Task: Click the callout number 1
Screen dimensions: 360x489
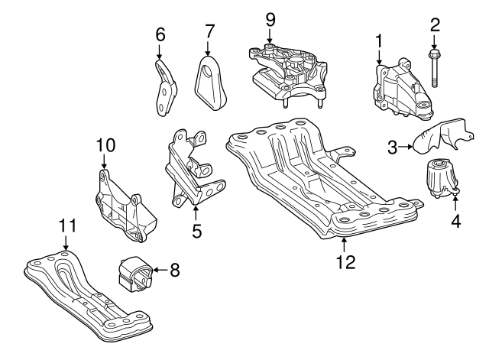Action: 379,40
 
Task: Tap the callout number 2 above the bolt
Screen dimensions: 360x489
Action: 435,25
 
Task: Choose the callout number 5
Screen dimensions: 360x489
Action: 196,229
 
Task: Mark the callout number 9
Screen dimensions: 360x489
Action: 269,18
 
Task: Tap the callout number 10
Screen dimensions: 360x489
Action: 105,143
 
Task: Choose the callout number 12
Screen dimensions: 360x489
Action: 345,261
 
